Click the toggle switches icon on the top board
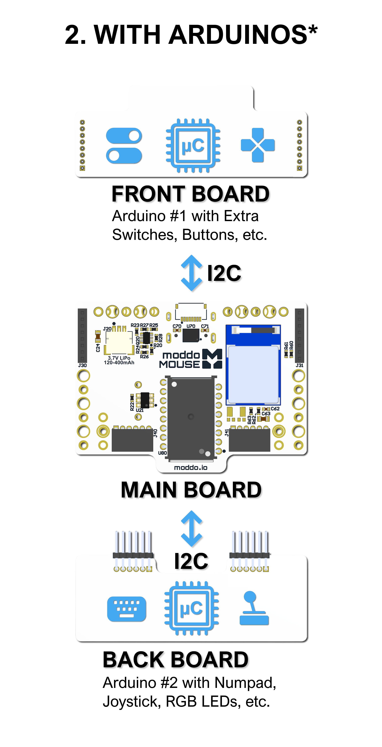pos(124,146)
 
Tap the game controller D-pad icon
pos(258,145)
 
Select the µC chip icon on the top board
pos(193,146)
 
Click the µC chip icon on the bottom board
pos(191,608)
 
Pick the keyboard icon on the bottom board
pos(126,609)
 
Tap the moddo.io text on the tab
pos(191,467)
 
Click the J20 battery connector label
pos(107,329)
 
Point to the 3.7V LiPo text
pos(119,358)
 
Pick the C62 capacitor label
pos(275,409)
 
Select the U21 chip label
pos(140,410)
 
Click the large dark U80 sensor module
pos(191,418)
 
